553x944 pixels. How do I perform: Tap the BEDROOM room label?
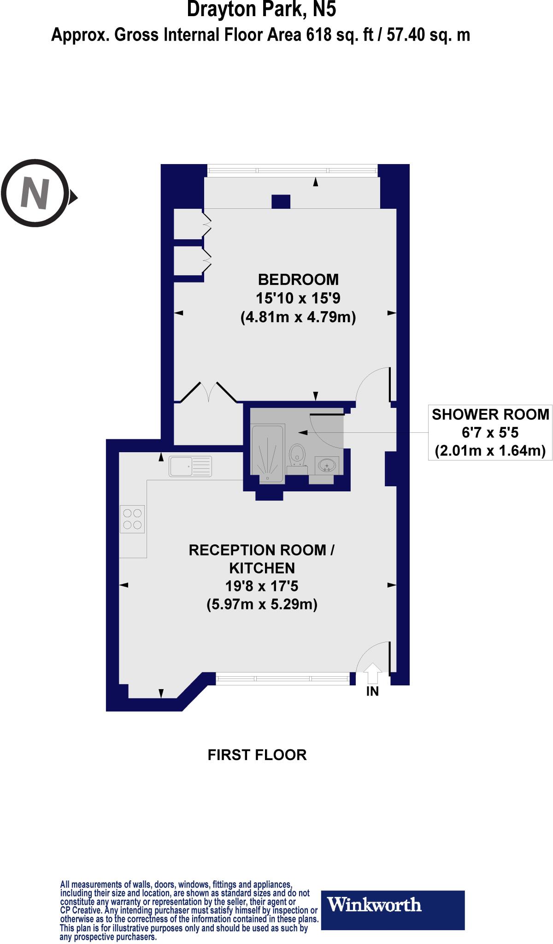coord(298,279)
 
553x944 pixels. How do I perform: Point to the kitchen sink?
coord(190,466)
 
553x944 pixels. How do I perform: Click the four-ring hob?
coord(132,519)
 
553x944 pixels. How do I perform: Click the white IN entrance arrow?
coord(372,673)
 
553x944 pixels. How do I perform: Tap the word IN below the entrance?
coord(372,691)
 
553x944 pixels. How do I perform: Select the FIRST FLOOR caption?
coord(257,755)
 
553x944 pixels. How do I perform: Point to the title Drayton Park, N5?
coord(261,10)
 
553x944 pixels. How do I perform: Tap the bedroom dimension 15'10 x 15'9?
coord(298,299)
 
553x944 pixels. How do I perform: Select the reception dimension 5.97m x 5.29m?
coord(262,604)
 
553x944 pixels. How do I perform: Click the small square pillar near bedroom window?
coord(281,201)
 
